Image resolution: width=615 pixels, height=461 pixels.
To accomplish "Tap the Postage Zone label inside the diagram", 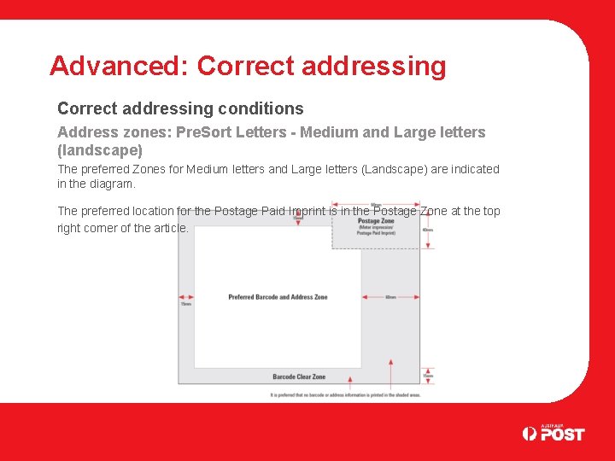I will click(375, 220).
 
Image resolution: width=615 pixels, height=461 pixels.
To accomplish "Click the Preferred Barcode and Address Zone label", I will click(278, 297).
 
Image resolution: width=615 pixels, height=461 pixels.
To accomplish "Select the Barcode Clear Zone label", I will click(299, 376).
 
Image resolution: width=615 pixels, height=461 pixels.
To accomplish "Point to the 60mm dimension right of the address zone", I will click(390, 297).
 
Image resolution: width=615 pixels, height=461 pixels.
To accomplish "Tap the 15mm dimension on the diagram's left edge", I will click(184, 302).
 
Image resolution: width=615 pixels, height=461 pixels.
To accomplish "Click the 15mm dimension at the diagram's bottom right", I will click(427, 376).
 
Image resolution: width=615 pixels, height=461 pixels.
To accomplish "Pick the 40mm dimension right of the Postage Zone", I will click(427, 230).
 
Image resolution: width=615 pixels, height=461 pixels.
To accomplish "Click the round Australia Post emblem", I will click(530, 434).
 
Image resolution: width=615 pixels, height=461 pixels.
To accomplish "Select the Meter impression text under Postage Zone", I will click(375, 228).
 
